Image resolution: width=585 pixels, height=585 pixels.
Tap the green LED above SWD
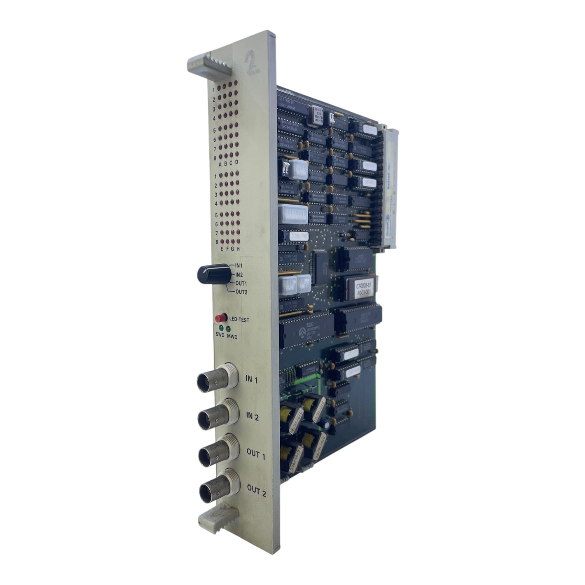coord(221,328)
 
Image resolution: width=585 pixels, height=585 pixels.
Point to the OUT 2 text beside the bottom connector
coord(256,491)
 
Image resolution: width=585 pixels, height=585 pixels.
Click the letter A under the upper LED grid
coord(220,164)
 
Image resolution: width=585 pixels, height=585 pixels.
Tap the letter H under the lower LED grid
coord(238,249)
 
